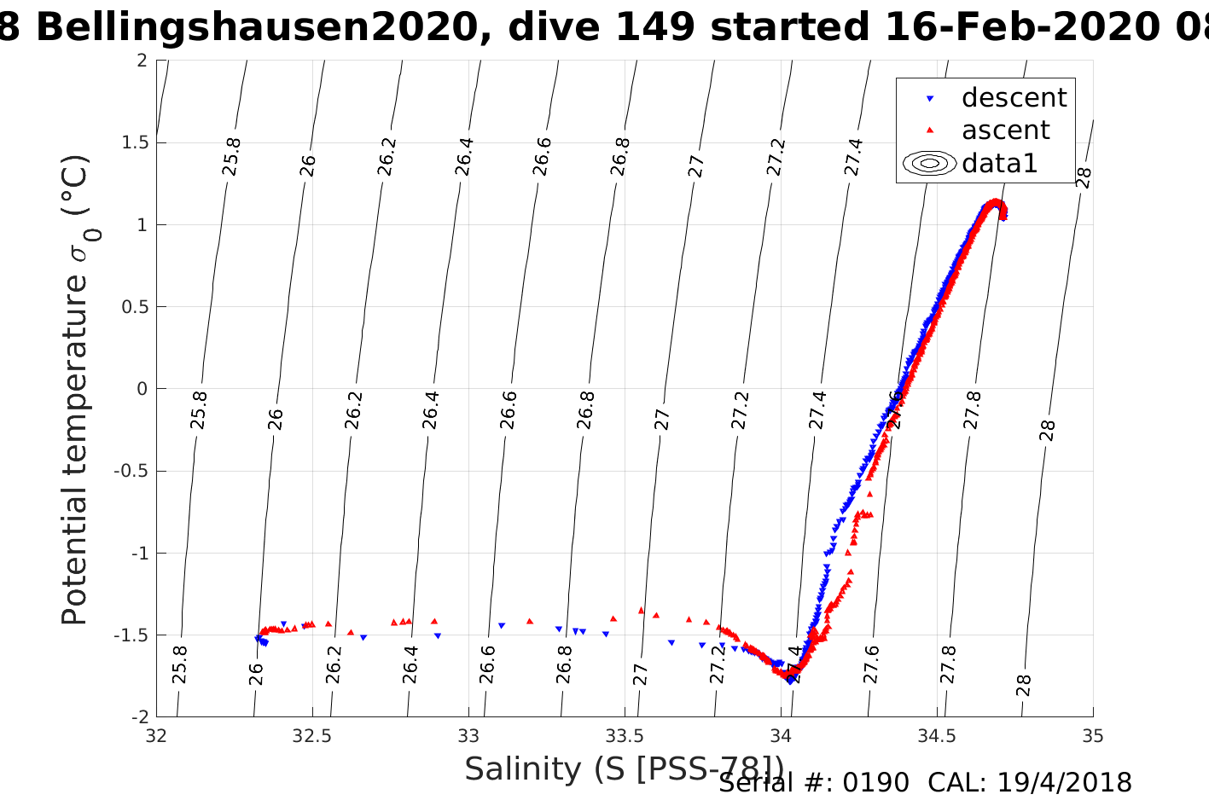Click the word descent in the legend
coord(1014,98)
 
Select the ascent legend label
coord(1005,130)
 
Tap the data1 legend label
coord(999,163)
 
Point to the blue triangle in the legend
coord(930,99)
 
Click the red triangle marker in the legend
coord(930,130)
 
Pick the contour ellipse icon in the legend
coord(929,163)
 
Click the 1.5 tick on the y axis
coord(132,142)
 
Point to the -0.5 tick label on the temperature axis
coord(130,471)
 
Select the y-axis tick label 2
coord(142,61)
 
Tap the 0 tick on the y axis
coord(142,389)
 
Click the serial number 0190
coord(875,783)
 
